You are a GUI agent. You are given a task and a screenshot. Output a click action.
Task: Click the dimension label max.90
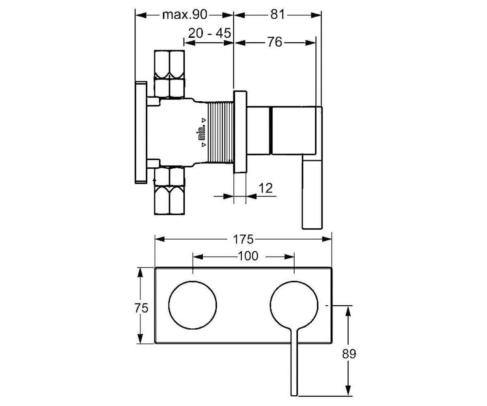(x=185, y=15)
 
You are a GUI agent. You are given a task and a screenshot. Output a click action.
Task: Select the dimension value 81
(x=277, y=15)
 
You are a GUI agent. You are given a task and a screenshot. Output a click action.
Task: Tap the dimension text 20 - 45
(x=209, y=33)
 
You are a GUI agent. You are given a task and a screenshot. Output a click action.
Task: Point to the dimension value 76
(x=274, y=42)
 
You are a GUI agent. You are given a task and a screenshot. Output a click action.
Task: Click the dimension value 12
(x=265, y=188)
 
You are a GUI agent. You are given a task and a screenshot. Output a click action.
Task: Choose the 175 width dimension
(x=243, y=240)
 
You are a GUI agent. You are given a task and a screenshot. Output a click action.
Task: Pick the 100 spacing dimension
(x=248, y=256)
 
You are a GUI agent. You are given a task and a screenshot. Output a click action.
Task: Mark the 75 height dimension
(x=141, y=308)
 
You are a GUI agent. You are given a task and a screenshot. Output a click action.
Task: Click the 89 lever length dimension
(x=349, y=354)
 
